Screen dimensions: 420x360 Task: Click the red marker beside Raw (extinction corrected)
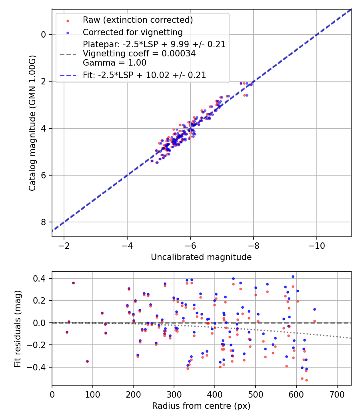click(68, 20)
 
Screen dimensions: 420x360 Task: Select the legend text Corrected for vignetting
click(132, 32)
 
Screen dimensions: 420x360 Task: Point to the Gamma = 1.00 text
click(114, 63)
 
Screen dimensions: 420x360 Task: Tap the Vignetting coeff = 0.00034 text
click(139, 54)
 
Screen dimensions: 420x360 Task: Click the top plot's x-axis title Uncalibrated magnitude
click(201, 257)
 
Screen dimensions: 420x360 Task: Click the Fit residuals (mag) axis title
click(17, 329)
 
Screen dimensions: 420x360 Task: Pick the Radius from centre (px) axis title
click(201, 406)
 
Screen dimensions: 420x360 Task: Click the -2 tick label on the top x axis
click(64, 245)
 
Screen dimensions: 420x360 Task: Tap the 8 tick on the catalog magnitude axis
click(44, 222)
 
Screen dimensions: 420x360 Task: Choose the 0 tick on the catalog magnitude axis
click(44, 34)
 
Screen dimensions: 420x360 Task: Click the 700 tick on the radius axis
click(337, 394)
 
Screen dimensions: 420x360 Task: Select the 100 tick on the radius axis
click(93, 394)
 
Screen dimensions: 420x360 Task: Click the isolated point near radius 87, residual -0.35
click(87, 361)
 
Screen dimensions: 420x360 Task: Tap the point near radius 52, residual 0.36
click(73, 283)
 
